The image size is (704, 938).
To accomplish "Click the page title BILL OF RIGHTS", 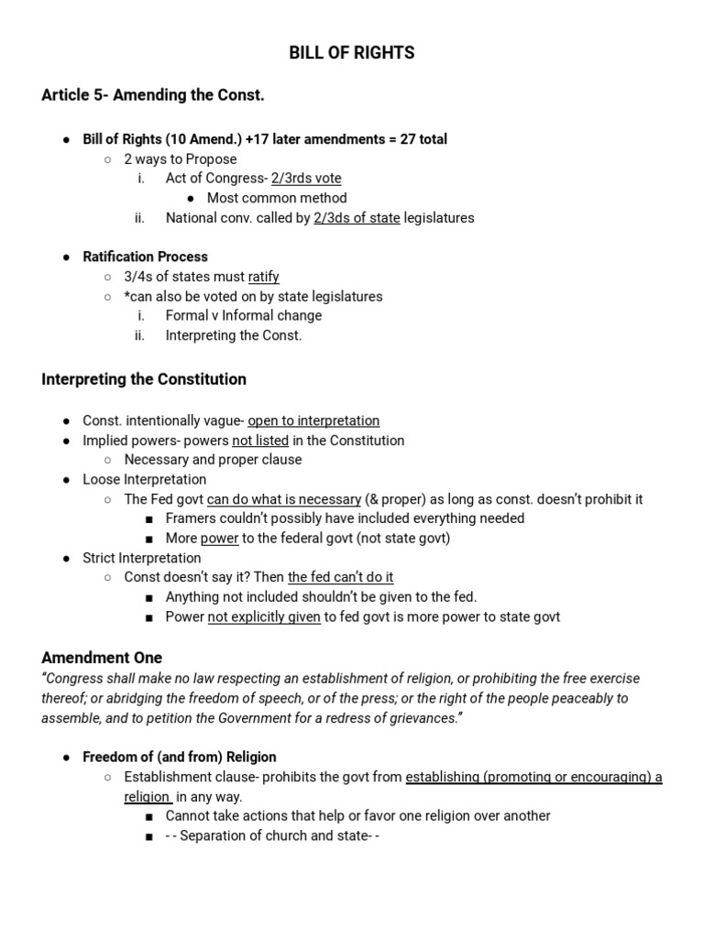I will tap(352, 53).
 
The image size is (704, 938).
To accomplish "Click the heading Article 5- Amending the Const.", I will tap(153, 95).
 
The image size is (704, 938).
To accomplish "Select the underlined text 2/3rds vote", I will tap(306, 179).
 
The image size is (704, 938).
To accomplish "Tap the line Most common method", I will tap(277, 198).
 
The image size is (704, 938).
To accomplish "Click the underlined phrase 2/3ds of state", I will tap(357, 218).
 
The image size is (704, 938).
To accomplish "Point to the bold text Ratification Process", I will tap(145, 256).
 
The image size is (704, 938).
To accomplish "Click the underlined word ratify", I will tap(264, 277).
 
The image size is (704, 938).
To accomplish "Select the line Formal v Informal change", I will tap(244, 315).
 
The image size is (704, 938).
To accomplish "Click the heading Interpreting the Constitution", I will tap(144, 379).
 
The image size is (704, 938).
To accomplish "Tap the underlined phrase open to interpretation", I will tap(313, 420).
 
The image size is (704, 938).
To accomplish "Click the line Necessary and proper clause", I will tap(213, 460).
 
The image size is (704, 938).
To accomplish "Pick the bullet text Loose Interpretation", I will tap(145, 479).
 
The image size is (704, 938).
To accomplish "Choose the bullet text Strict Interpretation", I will tap(142, 558).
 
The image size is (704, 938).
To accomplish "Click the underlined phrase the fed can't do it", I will tap(340, 577).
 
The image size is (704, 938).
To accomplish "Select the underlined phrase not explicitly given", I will tap(264, 616).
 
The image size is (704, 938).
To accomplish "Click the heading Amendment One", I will tap(102, 658).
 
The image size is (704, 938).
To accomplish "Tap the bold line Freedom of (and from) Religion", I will tap(180, 758).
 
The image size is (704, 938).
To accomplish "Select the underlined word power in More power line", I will tap(220, 539).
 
